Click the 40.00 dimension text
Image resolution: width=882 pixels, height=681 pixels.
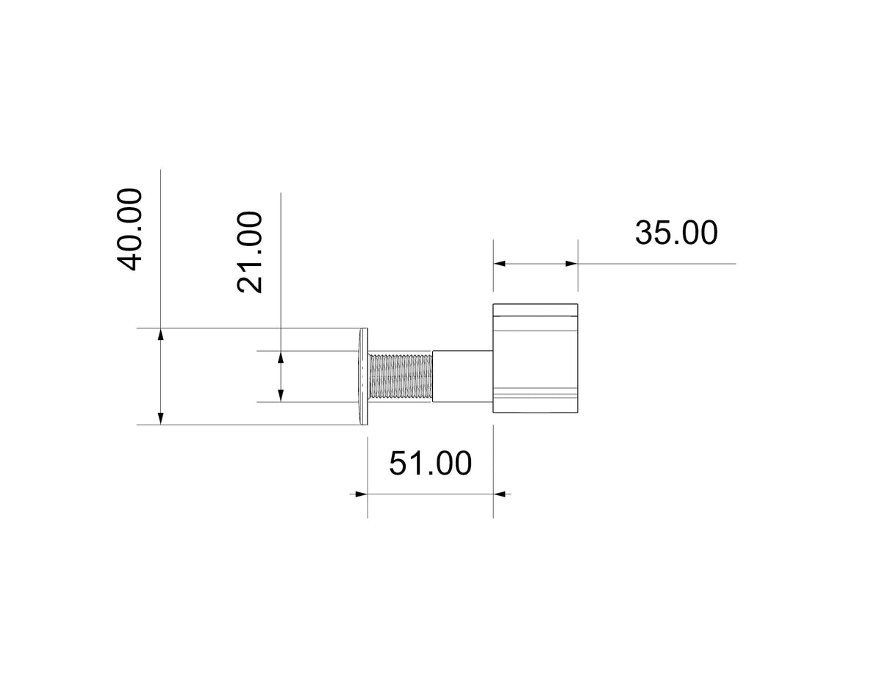click(x=129, y=229)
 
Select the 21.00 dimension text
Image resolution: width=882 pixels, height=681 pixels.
click(x=249, y=252)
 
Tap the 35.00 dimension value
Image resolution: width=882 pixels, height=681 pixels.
click(x=676, y=233)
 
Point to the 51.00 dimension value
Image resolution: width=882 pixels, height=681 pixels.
click(x=430, y=464)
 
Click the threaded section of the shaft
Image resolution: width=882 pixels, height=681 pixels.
click(x=401, y=377)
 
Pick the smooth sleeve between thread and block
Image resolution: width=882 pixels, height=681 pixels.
click(x=463, y=376)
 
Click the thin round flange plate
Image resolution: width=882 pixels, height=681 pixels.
click(x=364, y=376)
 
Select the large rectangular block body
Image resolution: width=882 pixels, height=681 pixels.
click(x=535, y=358)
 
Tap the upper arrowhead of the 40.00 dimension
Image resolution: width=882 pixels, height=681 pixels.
click(x=161, y=335)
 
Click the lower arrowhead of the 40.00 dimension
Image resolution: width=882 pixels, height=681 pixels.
click(x=161, y=418)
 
